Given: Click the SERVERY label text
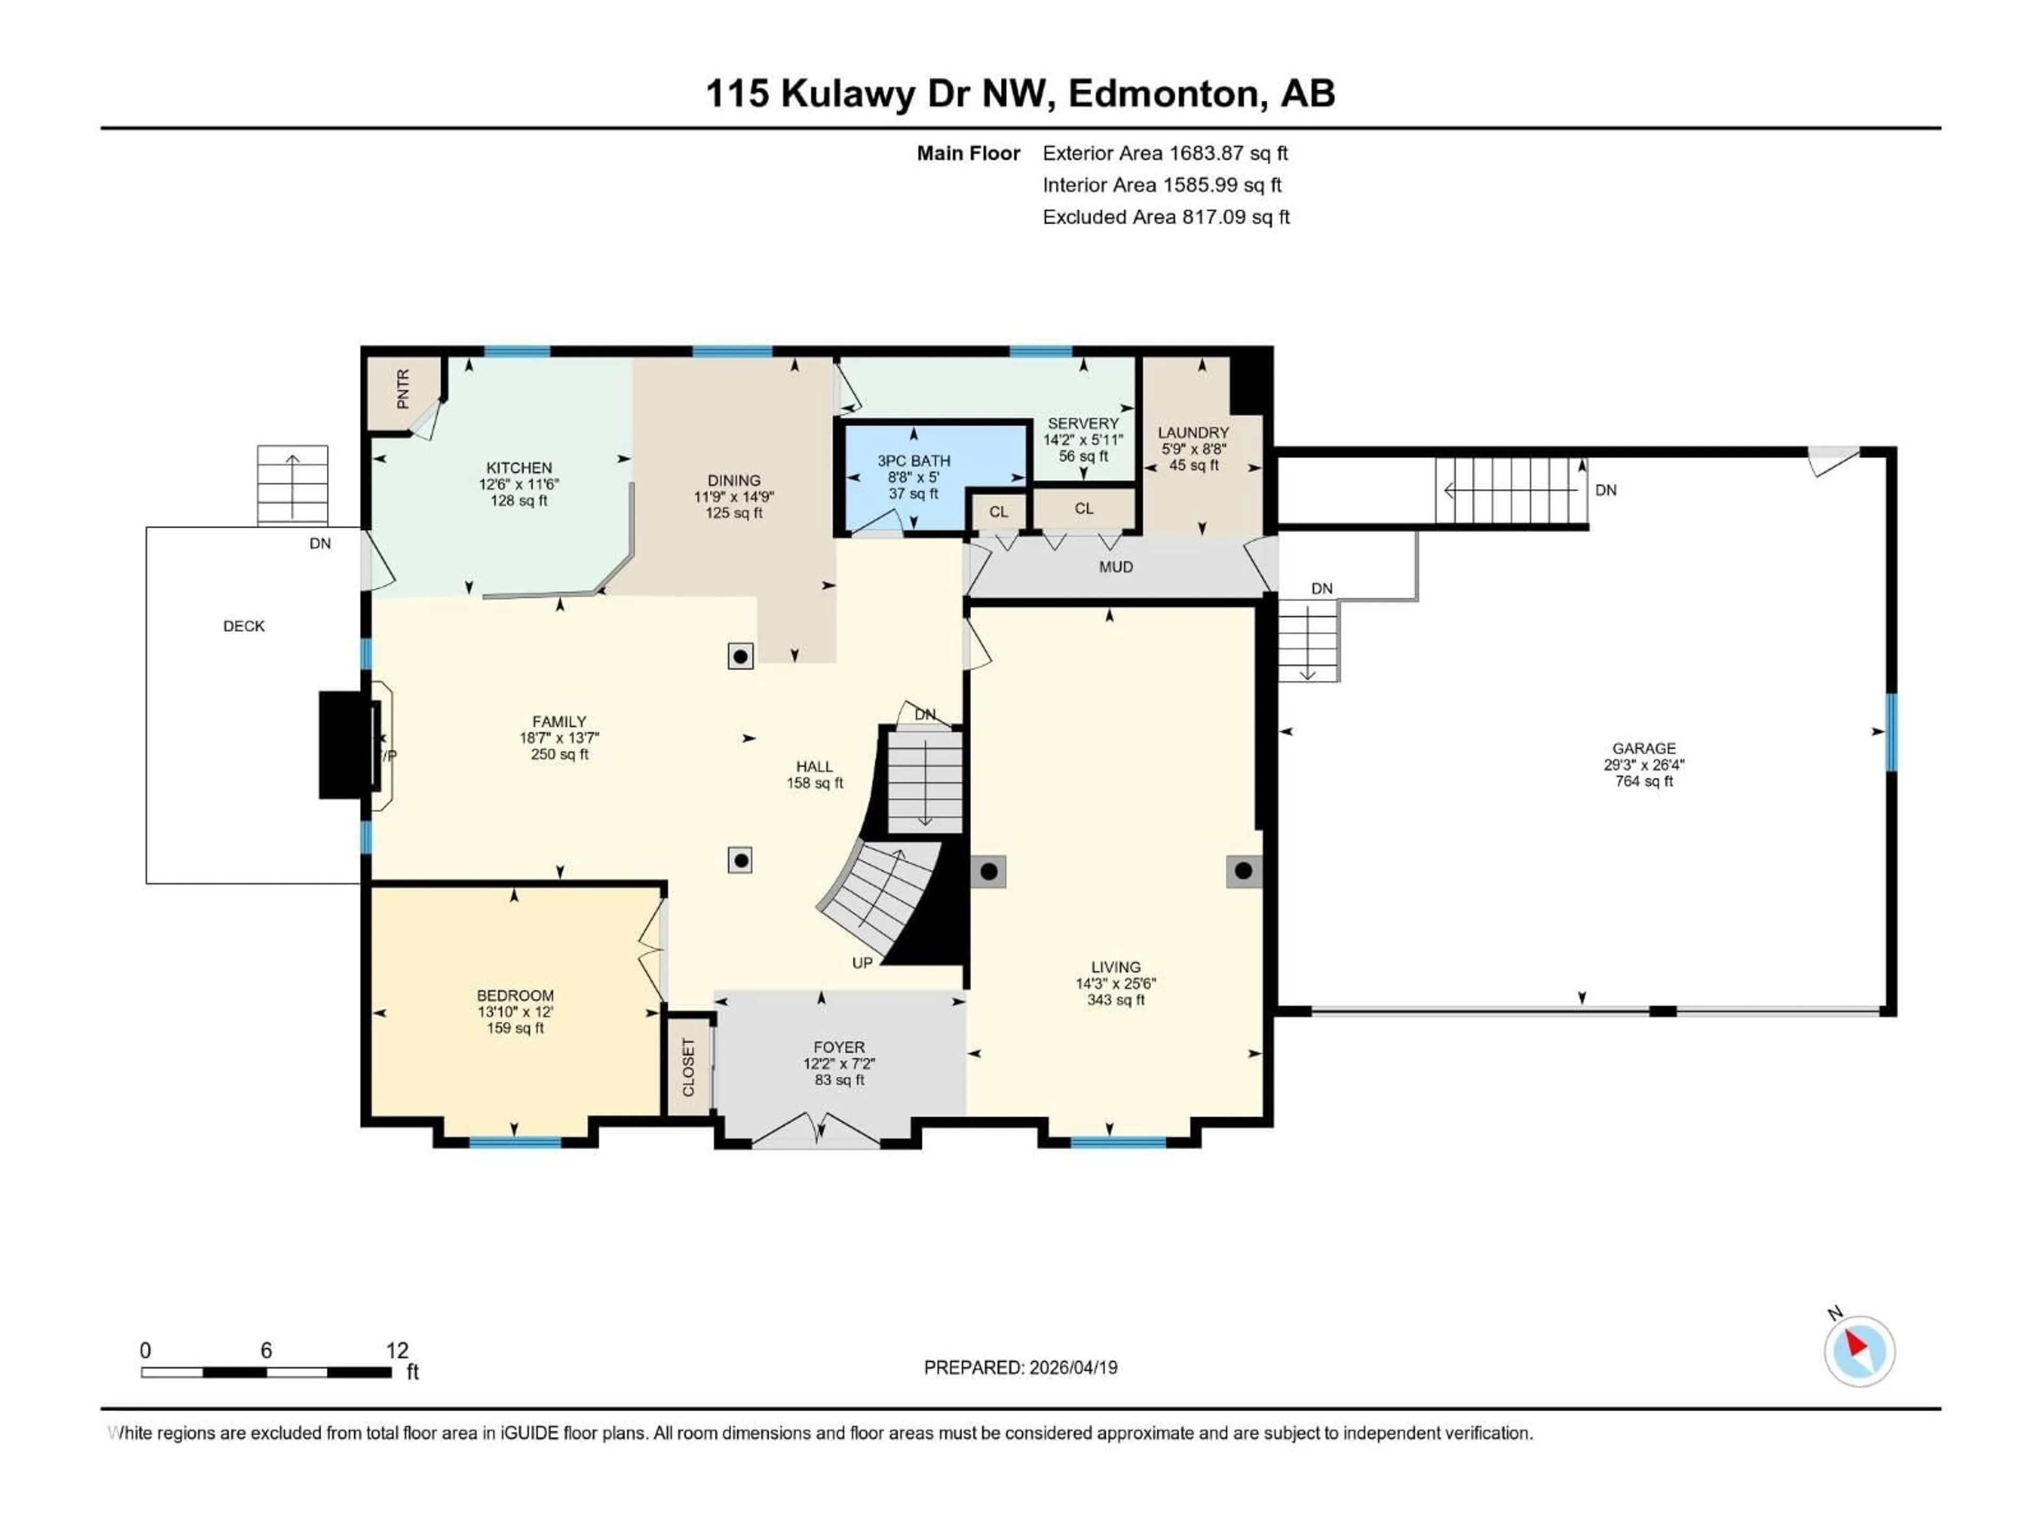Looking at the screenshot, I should coord(1083,423).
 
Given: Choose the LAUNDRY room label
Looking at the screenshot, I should coord(1193,432).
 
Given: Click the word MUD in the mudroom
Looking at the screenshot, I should coord(1116,566).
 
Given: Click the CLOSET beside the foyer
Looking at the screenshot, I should coord(688,1067).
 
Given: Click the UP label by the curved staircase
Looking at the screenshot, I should coord(862,963).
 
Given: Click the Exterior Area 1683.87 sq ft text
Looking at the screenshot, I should coord(1165,153).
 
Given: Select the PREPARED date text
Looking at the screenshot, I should coord(1020,1367).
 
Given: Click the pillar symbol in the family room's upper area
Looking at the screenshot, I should coord(740,656).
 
